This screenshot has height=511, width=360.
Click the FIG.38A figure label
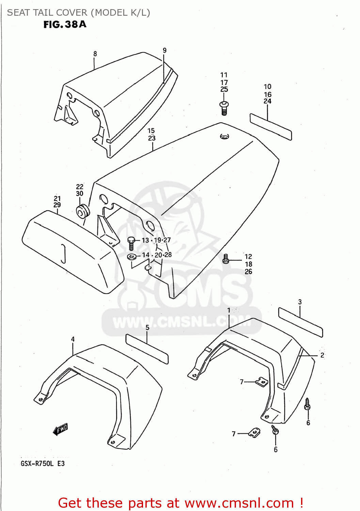click(65, 25)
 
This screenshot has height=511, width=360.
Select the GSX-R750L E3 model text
click(43, 464)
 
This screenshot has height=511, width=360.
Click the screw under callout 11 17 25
click(224, 108)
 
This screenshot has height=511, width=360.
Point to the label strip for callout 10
click(271, 127)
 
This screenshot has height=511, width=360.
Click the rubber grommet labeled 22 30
click(82, 212)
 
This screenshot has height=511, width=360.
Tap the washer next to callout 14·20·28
click(132, 256)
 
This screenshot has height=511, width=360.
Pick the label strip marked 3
click(300, 322)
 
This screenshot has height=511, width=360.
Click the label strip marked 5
click(147, 349)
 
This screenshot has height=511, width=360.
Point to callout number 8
click(95, 54)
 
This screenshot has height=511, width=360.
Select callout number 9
click(165, 50)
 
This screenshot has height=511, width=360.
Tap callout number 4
click(73, 339)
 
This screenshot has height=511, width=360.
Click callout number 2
click(322, 355)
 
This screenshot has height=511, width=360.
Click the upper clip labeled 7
click(262, 382)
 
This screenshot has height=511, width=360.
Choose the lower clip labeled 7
click(254, 433)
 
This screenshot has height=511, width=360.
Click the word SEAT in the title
click(18, 13)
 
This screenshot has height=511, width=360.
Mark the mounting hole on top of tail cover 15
click(224, 136)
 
